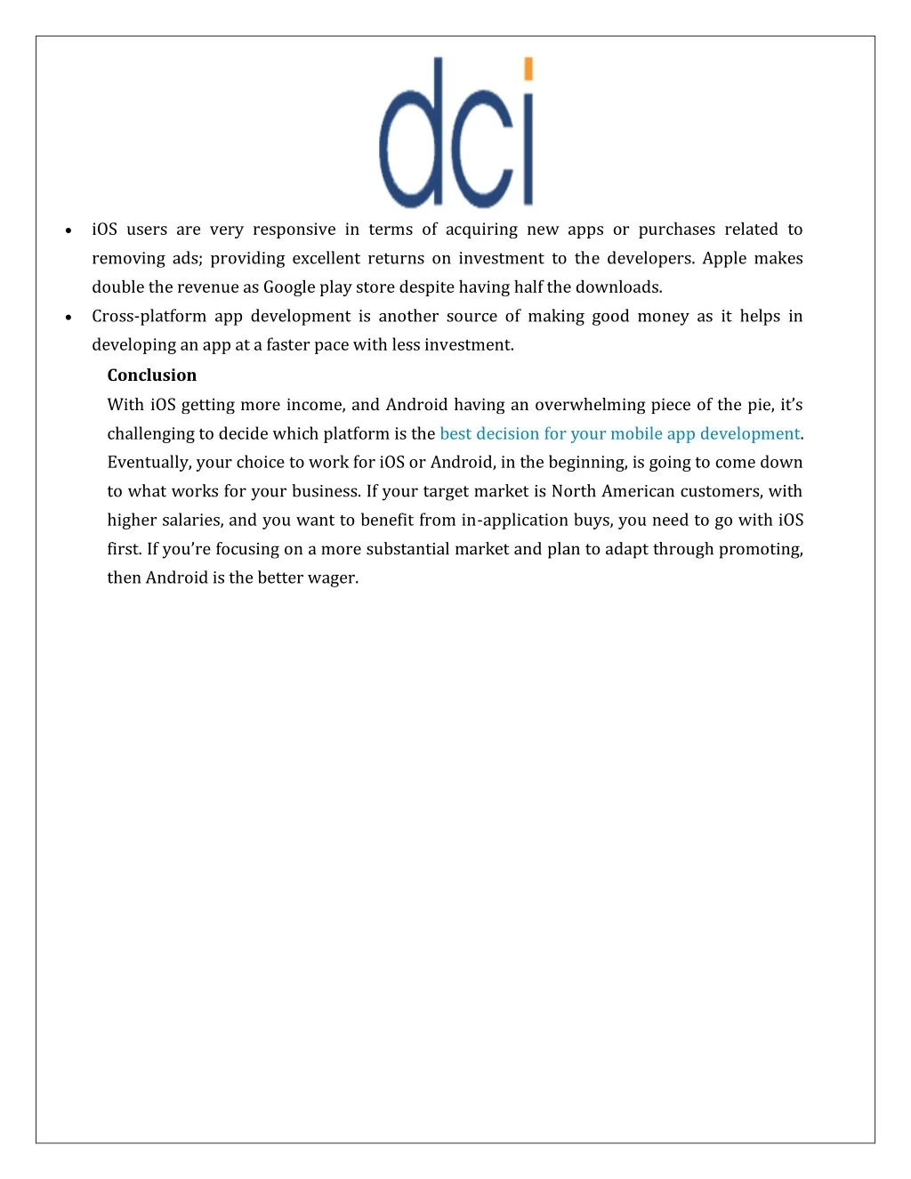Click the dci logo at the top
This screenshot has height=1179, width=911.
[456, 133]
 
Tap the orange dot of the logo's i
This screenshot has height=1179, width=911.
[528, 69]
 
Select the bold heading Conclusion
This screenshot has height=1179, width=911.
[152, 376]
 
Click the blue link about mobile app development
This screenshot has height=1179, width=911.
[620, 433]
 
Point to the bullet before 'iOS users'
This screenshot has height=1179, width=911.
[69, 230]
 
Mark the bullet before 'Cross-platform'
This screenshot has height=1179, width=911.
[69, 317]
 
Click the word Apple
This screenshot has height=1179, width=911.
[724, 258]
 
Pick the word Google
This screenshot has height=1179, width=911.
[289, 287]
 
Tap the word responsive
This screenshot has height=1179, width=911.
[294, 230]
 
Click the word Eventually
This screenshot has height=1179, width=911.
[149, 462]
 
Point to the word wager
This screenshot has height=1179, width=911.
[332, 577]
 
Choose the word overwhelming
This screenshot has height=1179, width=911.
[589, 405]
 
